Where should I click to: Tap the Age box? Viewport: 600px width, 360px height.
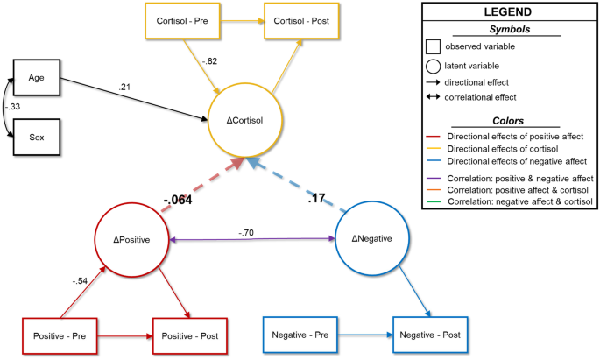coord(36,76)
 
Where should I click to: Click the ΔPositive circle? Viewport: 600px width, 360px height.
coord(131,239)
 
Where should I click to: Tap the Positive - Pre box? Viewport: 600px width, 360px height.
coord(59,335)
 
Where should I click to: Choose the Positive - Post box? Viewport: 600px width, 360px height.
coord(190,335)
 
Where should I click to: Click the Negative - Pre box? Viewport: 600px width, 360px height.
coord(300,335)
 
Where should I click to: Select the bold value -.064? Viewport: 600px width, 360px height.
coord(177,200)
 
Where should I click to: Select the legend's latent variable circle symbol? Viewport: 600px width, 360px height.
coord(433,65)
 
